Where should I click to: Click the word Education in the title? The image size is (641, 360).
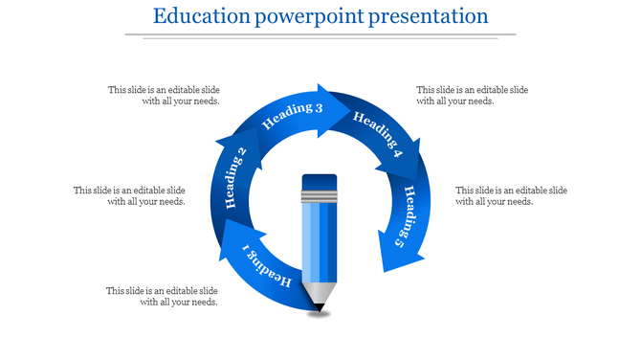click(x=197, y=16)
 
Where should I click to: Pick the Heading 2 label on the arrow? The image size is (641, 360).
click(x=235, y=178)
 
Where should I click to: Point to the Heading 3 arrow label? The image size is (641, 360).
click(x=292, y=115)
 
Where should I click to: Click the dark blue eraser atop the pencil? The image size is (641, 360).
click(x=320, y=183)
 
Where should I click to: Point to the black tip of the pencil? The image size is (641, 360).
click(x=319, y=307)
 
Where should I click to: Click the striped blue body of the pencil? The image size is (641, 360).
click(x=320, y=244)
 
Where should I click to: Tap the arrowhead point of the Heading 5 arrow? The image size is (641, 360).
click(x=388, y=271)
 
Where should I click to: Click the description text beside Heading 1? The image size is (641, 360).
click(x=162, y=296)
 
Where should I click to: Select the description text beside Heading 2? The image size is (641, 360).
click(x=129, y=195)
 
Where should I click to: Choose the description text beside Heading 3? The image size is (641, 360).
click(x=164, y=95)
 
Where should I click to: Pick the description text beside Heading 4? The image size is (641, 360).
click(x=472, y=95)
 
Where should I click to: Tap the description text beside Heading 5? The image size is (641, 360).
click(x=511, y=195)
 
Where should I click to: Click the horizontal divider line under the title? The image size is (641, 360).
click(x=320, y=36)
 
